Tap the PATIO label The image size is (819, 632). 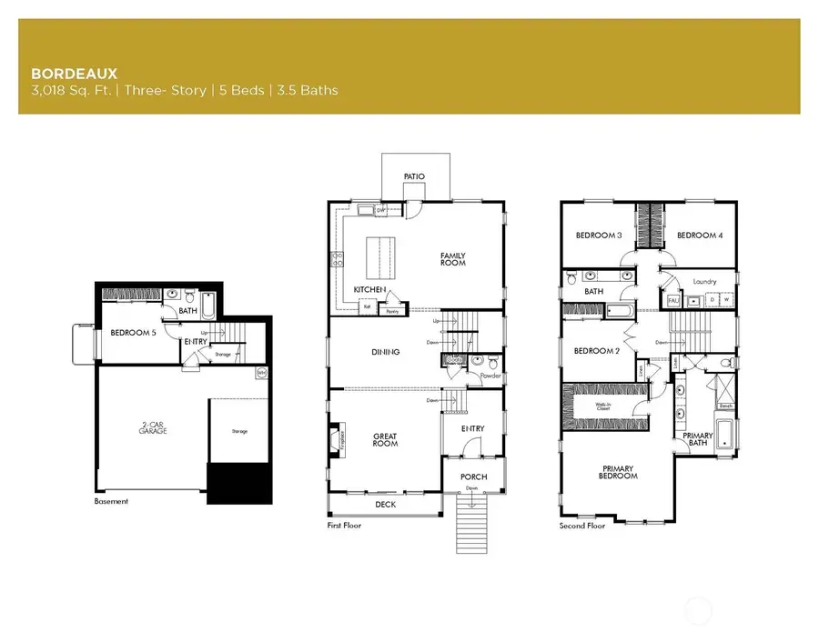pos(413,176)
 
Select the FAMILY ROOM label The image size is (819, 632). pos(452,258)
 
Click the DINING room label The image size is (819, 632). pos(386,352)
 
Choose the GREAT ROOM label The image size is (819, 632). pos(385,440)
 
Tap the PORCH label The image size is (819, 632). pos(473,477)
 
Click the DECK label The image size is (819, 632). pos(385,504)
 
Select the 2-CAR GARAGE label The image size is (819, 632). pos(153,428)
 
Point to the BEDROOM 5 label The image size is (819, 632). pos(133,333)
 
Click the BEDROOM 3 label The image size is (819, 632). pos(599,236)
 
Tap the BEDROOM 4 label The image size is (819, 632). pos(700,236)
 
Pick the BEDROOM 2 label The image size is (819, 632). pos(597,351)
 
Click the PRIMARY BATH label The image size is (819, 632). pos(698,439)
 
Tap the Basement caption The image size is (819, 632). pos(111,501)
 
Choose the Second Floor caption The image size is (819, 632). pos(582,526)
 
